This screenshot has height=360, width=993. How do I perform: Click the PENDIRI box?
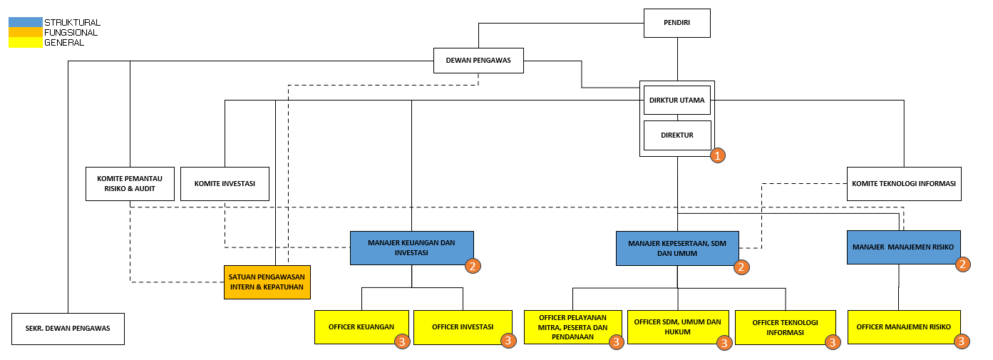pyautogui.click(x=677, y=23)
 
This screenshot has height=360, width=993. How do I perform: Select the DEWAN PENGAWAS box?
pyautogui.click(x=478, y=61)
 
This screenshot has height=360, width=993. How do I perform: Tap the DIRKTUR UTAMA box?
pyautogui.click(x=677, y=101)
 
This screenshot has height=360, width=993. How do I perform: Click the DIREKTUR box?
pyautogui.click(x=677, y=135)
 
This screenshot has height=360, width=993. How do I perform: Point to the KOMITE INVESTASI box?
pyautogui.click(x=225, y=183)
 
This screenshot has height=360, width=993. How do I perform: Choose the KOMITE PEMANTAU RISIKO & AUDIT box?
pyautogui.click(x=130, y=183)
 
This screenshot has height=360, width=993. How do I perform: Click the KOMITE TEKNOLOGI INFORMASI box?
pyautogui.click(x=904, y=183)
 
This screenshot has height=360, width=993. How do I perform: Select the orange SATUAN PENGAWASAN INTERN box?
pyautogui.click(x=267, y=282)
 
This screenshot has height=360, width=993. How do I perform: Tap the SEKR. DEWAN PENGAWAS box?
pyautogui.click(x=68, y=329)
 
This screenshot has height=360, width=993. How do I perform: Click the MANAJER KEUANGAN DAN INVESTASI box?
pyautogui.click(x=411, y=248)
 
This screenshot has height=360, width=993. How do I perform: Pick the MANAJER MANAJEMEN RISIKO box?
pyautogui.click(x=903, y=247)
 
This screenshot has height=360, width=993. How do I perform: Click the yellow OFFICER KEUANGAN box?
pyautogui.click(x=361, y=327)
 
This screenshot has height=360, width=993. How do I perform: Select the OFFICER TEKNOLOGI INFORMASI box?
pyautogui.click(x=785, y=327)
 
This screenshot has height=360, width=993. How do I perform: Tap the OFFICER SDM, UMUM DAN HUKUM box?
pyautogui.click(x=678, y=327)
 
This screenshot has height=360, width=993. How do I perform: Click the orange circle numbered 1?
pyautogui.click(x=718, y=155)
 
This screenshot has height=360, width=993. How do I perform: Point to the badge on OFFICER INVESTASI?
pyautogui.click(x=508, y=341)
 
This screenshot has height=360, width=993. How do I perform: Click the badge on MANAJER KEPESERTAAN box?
pyautogui.click(x=741, y=267)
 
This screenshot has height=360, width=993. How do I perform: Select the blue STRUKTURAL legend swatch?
pyautogui.click(x=25, y=22)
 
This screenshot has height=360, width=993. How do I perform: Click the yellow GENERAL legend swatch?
pyautogui.click(x=25, y=43)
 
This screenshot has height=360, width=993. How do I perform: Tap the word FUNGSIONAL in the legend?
pyautogui.click(x=71, y=32)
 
